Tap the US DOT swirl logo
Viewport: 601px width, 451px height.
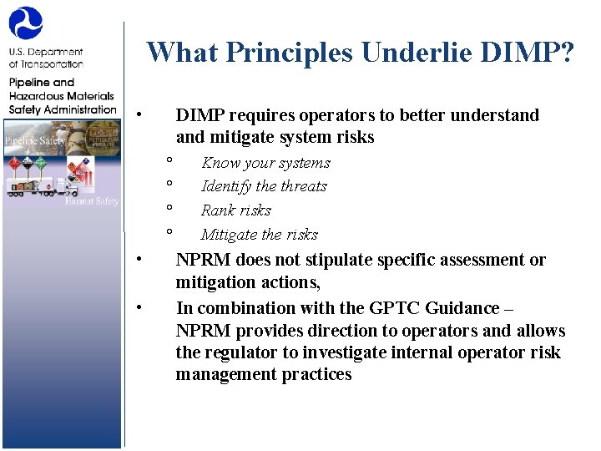(x=25, y=23)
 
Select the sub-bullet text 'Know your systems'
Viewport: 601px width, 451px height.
(x=265, y=163)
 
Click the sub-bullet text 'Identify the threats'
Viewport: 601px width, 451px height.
(x=264, y=186)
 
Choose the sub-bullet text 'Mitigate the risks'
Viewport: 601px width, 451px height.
(x=260, y=235)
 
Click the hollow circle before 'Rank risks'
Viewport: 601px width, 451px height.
(x=169, y=207)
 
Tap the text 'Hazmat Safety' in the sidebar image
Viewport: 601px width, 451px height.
(x=93, y=201)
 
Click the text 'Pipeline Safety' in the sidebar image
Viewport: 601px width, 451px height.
(x=34, y=141)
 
